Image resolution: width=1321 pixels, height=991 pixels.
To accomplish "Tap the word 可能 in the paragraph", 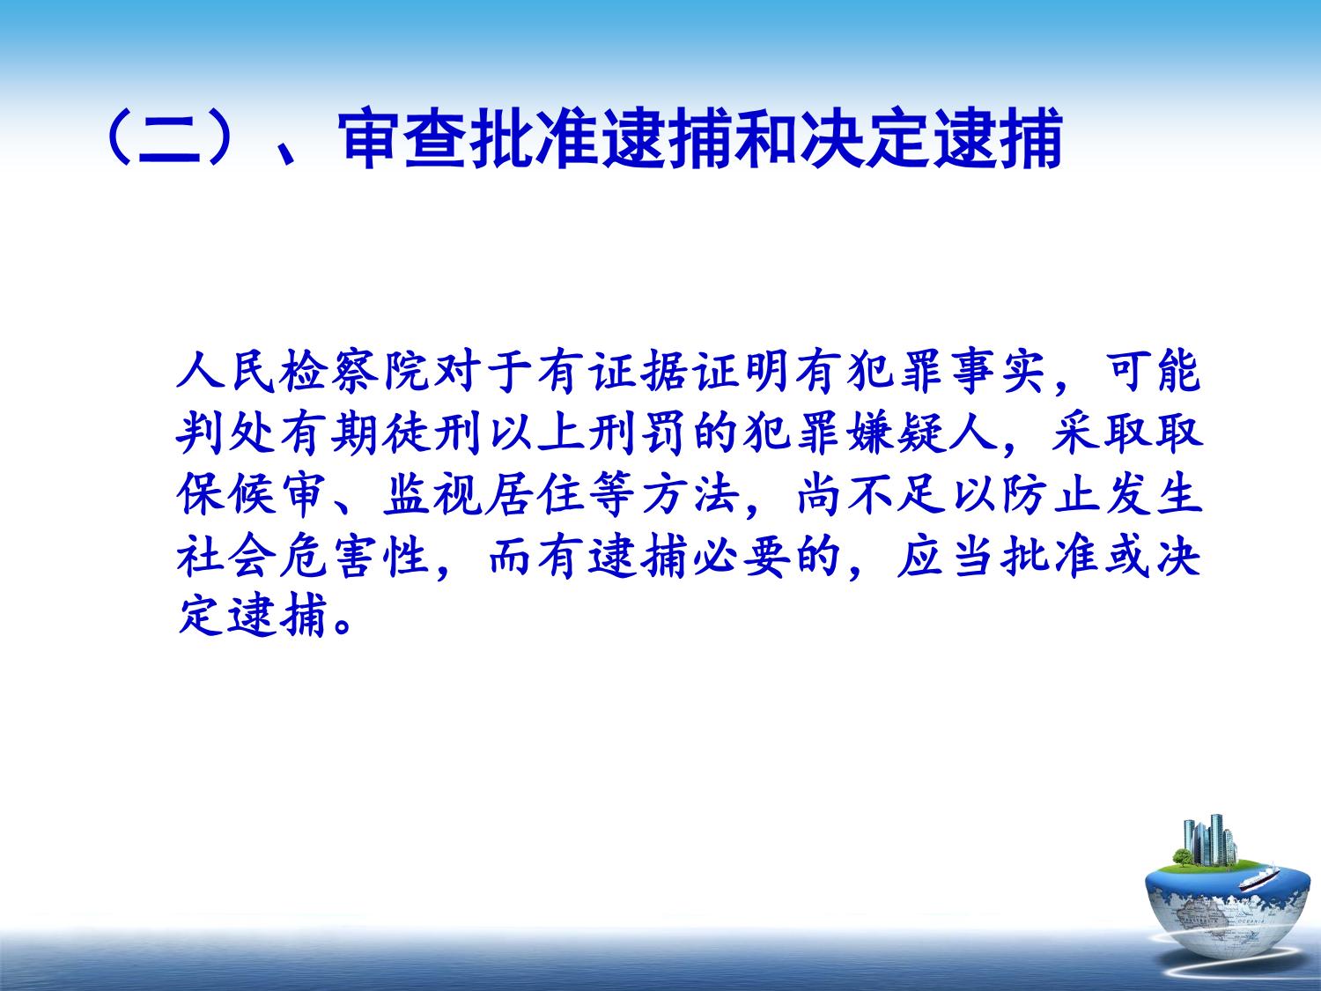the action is coord(1153,372).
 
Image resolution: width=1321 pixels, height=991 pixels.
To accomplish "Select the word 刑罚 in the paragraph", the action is coord(638,433).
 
